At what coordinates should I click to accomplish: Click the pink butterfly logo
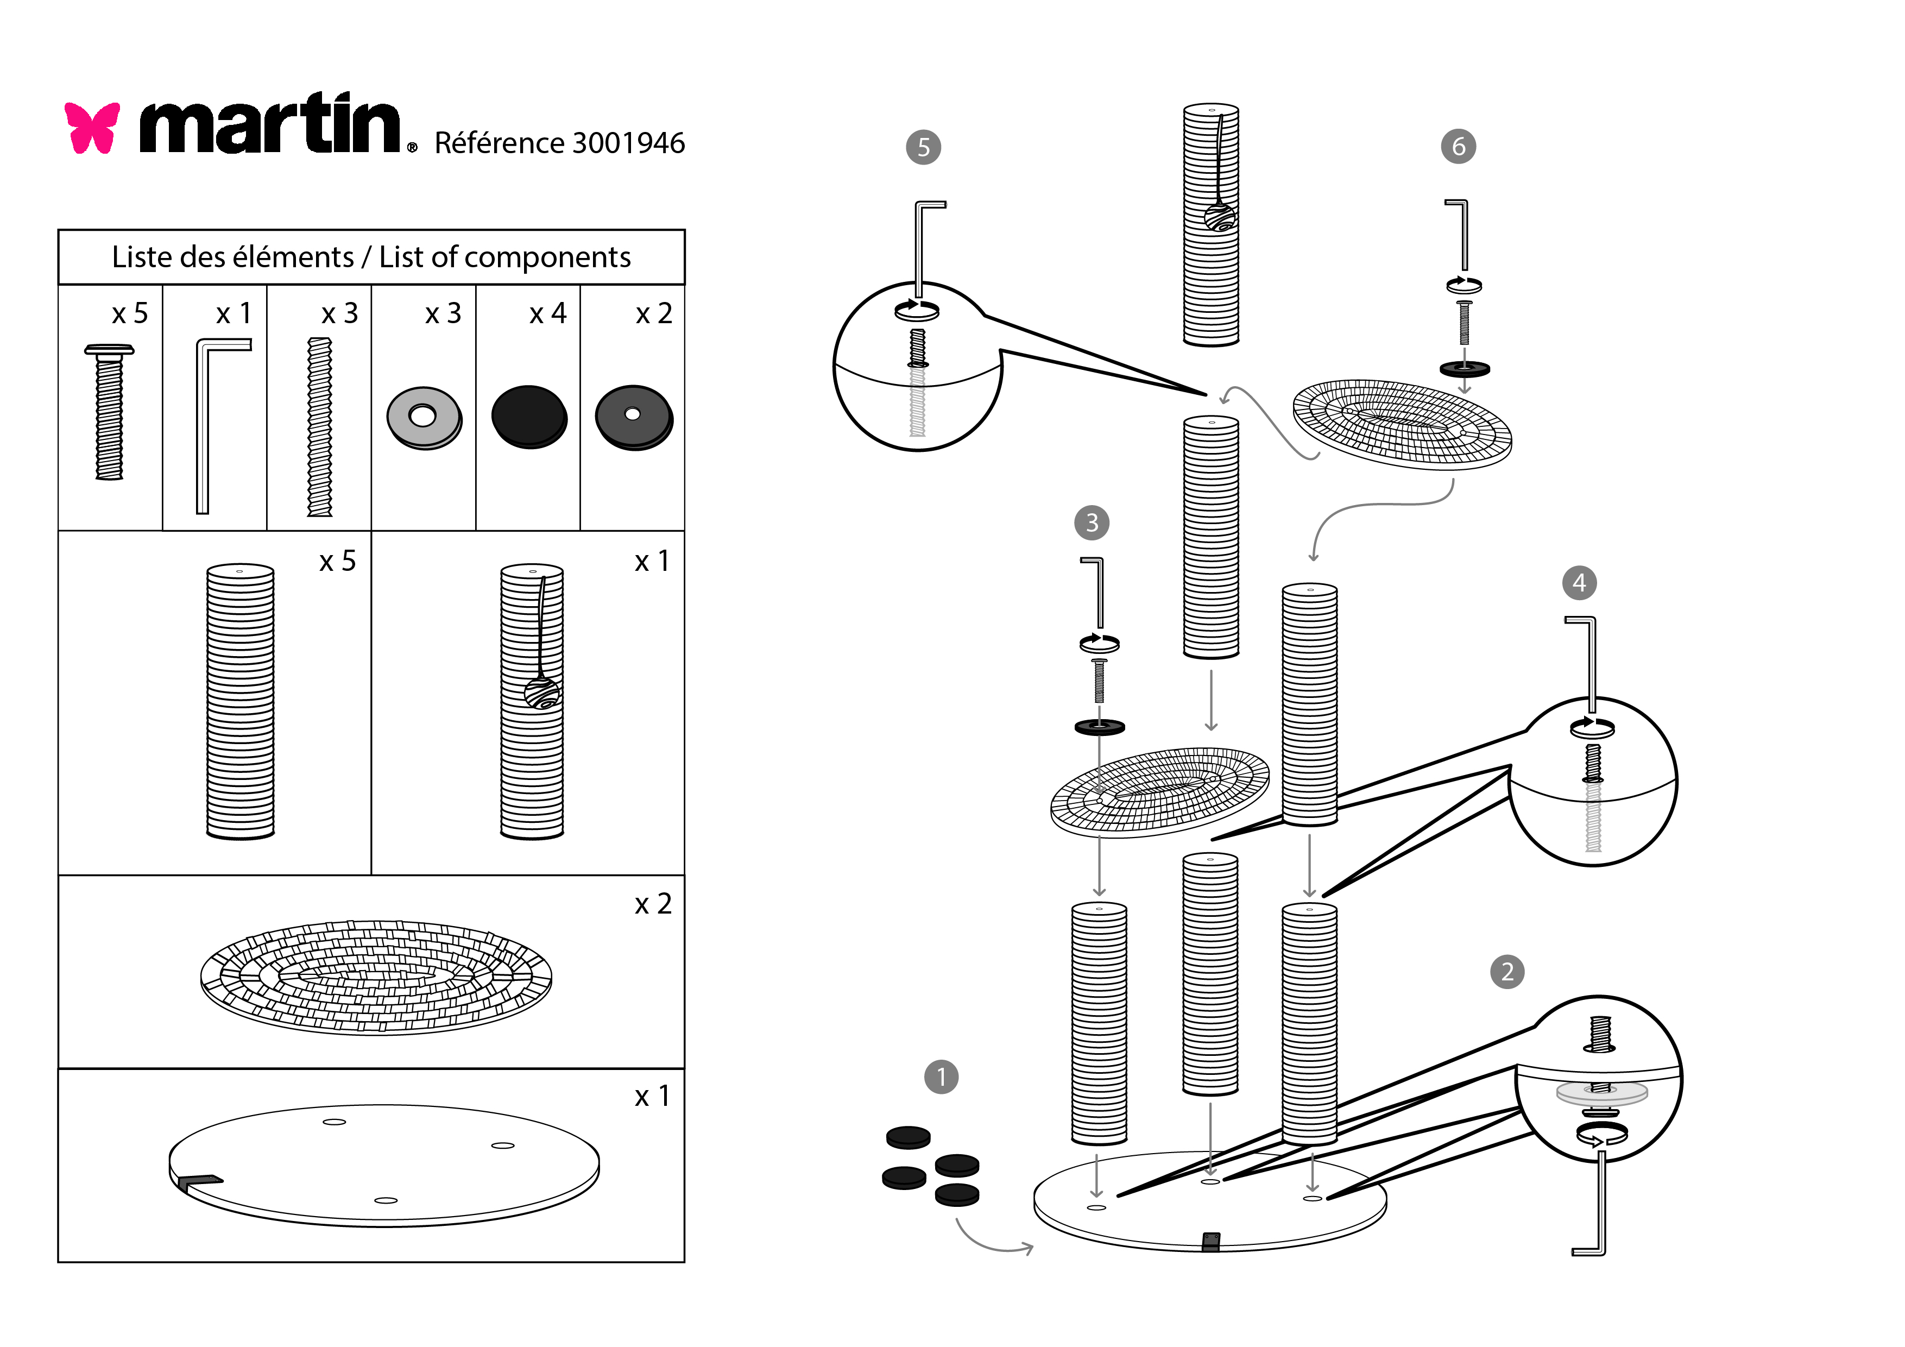[x=92, y=128]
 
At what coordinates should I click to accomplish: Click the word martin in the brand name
[x=270, y=126]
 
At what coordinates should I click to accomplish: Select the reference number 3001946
[x=628, y=143]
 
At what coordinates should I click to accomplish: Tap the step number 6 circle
[x=1458, y=147]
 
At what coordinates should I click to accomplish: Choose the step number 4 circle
[x=1579, y=583]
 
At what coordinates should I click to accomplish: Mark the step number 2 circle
[x=1507, y=972]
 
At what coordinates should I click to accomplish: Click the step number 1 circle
[x=941, y=1077]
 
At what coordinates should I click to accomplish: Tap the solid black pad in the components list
[x=528, y=417]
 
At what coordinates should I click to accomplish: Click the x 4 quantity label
[x=547, y=314]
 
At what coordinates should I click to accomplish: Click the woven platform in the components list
[x=376, y=977]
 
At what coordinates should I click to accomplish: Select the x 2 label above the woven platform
[x=653, y=904]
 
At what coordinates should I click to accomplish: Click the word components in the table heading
[x=547, y=258]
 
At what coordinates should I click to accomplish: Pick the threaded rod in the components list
[x=319, y=426]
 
